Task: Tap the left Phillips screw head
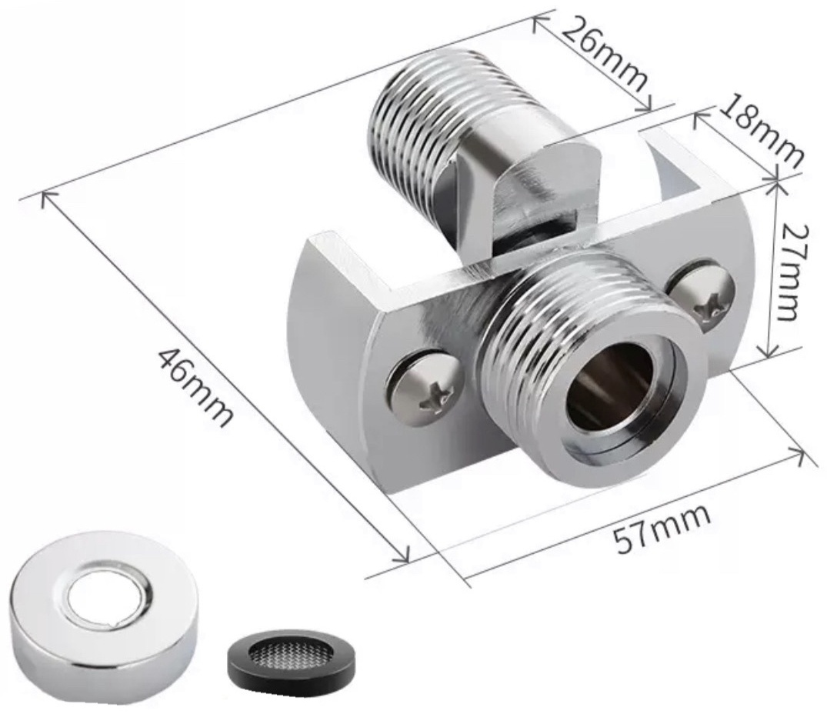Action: [x=423, y=387]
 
